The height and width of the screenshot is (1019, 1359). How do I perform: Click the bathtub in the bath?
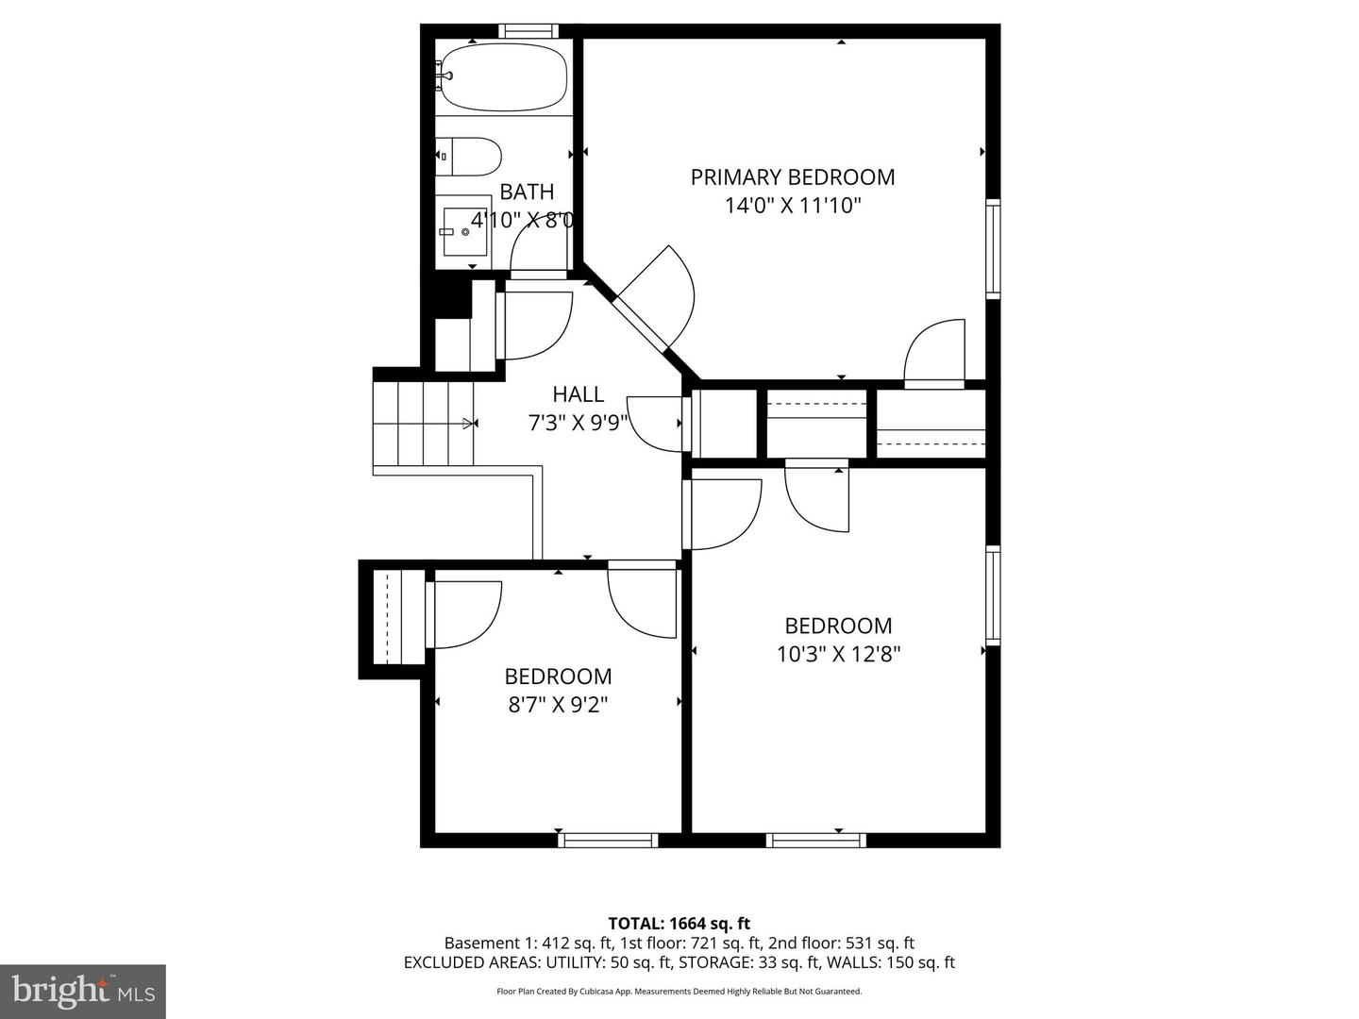coord(505,77)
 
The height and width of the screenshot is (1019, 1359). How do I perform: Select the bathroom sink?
coord(464,231)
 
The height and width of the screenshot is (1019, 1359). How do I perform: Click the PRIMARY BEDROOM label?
coord(793,177)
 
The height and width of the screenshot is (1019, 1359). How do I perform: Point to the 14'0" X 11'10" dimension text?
coord(793,206)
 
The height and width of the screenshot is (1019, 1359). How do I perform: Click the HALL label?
coord(578,394)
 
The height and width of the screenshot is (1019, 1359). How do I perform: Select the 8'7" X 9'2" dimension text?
coord(558,705)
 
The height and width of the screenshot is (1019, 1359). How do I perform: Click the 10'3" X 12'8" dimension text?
coord(838,654)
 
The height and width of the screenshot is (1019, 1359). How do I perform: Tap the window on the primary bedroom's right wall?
coord(993,249)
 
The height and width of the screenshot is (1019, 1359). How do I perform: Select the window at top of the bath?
coord(528,30)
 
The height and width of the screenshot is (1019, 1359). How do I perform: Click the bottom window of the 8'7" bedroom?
coord(608,840)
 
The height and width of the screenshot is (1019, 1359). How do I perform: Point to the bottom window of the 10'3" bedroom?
coord(816,840)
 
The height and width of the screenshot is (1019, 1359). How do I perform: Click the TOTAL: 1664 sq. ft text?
coord(679,923)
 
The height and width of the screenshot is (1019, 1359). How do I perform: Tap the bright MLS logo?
coord(83,992)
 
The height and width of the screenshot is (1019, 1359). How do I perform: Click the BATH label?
coord(527,192)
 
